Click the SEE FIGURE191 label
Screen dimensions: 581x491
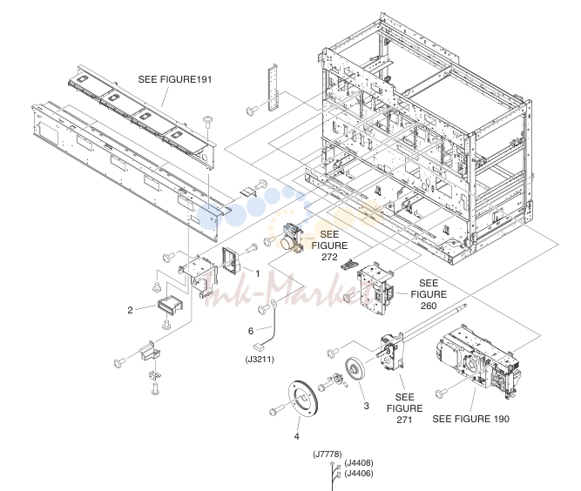(x=175, y=79)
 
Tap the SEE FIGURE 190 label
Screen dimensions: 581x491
(x=470, y=419)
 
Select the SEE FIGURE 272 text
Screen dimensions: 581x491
(x=329, y=245)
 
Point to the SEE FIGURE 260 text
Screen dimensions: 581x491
(x=429, y=294)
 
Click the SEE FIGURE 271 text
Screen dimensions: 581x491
(x=404, y=408)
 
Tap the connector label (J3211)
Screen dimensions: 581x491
(x=260, y=360)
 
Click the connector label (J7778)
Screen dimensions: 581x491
(x=328, y=454)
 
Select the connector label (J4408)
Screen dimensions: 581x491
(x=359, y=463)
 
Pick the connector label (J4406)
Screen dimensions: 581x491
(x=359, y=474)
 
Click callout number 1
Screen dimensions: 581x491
(x=258, y=273)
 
